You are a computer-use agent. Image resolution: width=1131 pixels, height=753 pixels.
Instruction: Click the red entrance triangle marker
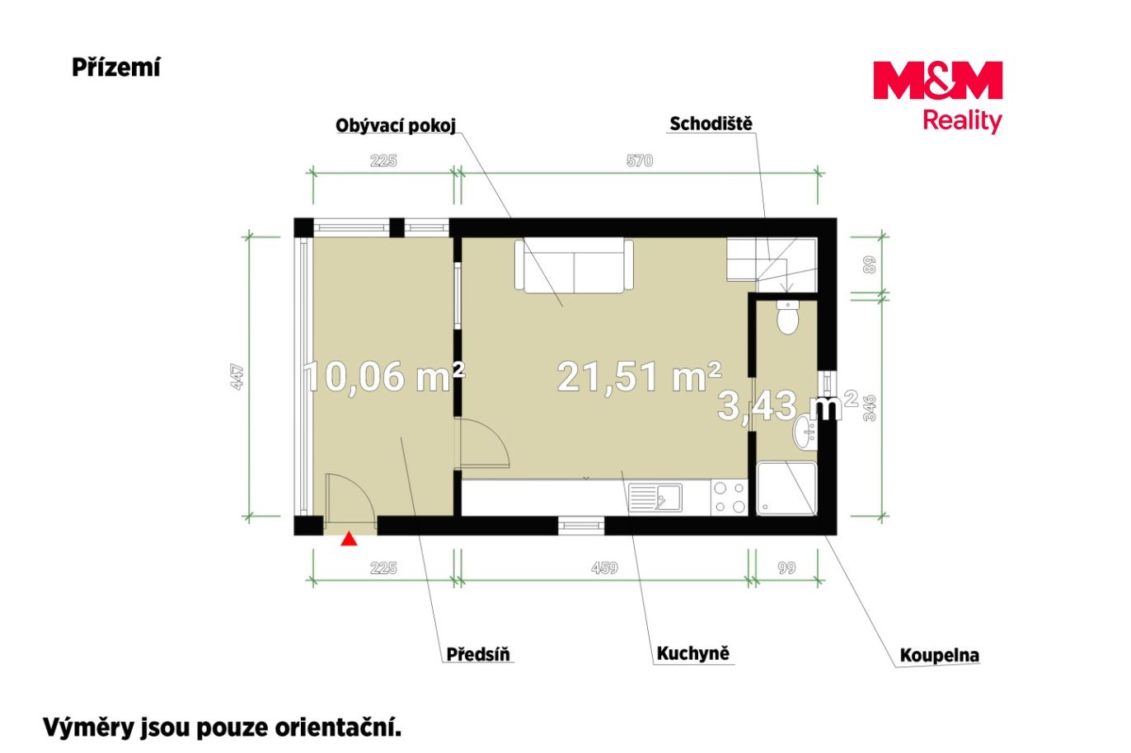coord(349,539)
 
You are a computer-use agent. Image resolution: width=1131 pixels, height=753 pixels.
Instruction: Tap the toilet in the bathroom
coord(787,317)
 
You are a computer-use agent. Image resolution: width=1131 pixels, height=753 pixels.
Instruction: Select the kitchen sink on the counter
coord(655,497)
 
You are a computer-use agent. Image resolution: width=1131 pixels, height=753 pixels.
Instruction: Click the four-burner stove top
coord(729,498)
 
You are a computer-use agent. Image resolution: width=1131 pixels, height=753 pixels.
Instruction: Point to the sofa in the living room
coord(574,266)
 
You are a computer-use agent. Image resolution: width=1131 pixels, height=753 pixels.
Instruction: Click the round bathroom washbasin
coord(805,433)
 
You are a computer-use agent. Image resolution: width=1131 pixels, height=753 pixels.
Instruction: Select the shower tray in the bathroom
coord(786,489)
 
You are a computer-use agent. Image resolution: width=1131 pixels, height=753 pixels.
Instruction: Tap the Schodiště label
coord(711,124)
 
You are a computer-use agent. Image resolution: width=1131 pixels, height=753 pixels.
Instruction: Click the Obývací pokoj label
coord(396,126)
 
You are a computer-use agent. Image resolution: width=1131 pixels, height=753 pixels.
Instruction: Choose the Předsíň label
coord(478,654)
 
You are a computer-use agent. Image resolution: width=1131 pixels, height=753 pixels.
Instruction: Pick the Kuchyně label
coord(692,653)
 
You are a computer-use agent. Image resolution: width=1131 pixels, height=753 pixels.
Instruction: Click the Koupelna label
coord(939,655)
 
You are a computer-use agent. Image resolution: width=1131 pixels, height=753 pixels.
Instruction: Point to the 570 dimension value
coord(639,161)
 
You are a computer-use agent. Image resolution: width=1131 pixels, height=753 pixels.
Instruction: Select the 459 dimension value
coord(604,568)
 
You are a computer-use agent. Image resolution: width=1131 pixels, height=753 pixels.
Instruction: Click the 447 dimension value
coord(237,376)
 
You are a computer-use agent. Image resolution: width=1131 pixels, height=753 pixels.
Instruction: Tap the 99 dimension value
coord(786,568)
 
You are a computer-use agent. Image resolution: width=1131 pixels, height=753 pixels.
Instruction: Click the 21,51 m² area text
coord(639,377)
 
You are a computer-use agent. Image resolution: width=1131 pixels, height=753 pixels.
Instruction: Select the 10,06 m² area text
coord(384,376)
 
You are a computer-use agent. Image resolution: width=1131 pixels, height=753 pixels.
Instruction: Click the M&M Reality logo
coord(937,97)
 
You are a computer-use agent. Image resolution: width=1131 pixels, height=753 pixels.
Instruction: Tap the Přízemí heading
coord(115,68)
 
